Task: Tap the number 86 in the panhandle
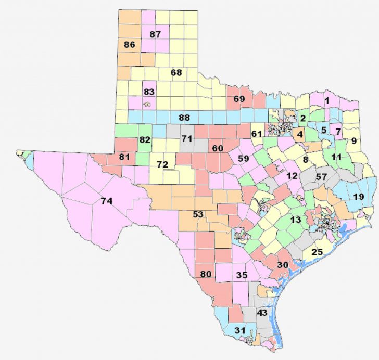point(130,45)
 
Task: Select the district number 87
point(155,34)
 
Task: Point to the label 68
point(176,72)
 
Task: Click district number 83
point(149,92)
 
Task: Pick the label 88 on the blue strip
point(184,118)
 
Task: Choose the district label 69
point(239,99)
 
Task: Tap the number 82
point(145,140)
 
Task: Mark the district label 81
point(124,156)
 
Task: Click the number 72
point(162,165)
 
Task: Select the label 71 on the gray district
point(187,138)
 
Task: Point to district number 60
point(218,148)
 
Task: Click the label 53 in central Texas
point(198,214)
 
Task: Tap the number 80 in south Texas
point(206,274)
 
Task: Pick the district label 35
point(241,275)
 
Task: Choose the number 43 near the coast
point(262,313)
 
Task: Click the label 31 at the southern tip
point(240,331)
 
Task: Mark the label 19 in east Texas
point(358,197)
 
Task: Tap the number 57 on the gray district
point(321,177)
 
